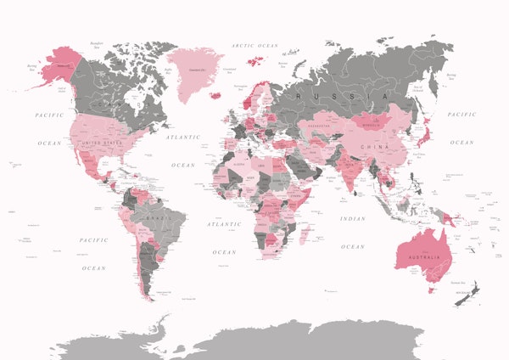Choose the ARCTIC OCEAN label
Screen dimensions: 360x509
(x=256, y=45)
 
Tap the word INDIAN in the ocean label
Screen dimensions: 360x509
(x=353, y=218)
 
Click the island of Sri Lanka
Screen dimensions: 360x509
(x=356, y=190)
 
